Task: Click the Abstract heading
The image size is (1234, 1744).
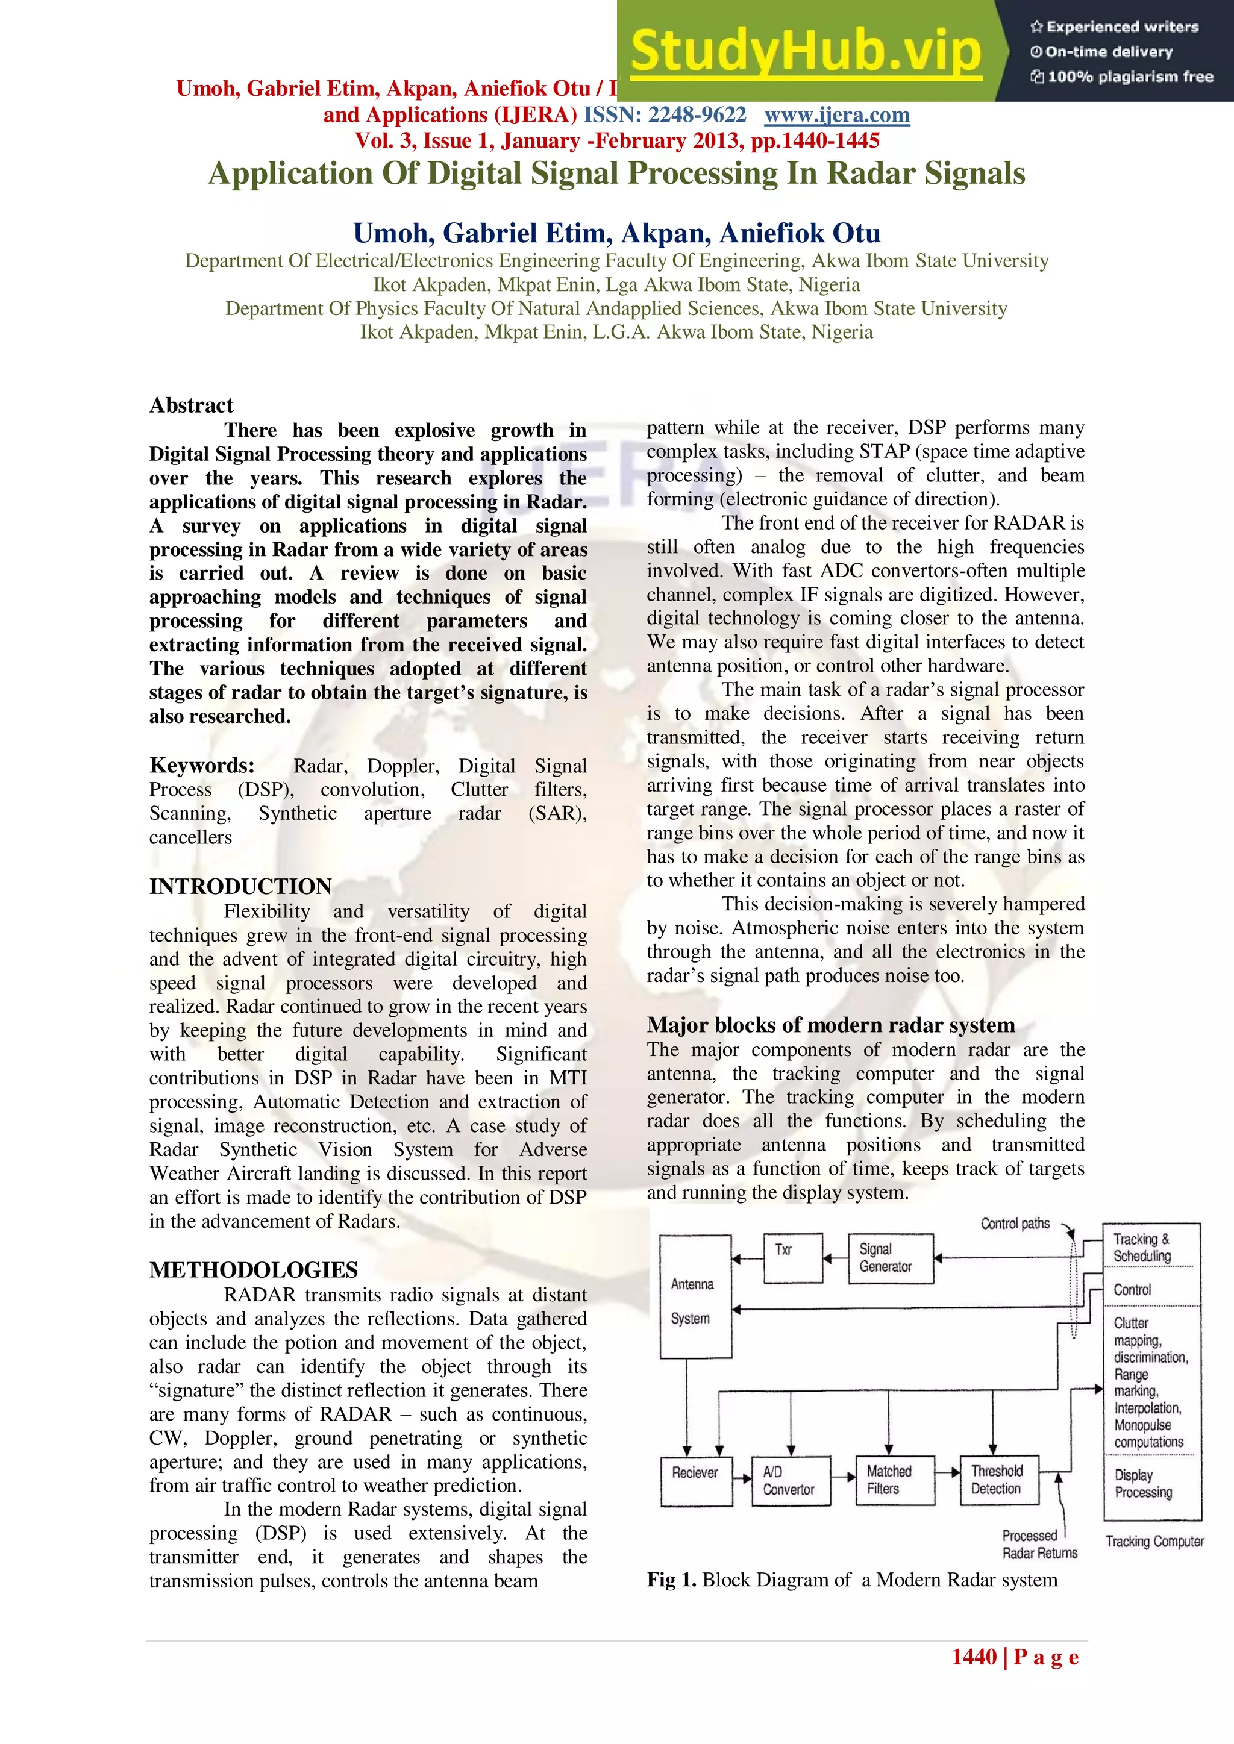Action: tap(192, 405)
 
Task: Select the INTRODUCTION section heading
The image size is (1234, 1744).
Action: tap(240, 886)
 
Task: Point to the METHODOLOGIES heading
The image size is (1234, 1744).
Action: tap(253, 1270)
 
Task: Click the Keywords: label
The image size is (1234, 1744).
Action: tap(202, 765)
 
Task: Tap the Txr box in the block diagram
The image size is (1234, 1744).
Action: tap(792, 1258)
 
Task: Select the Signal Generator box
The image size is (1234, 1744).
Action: tap(890, 1258)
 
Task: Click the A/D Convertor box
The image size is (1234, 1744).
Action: tap(791, 1481)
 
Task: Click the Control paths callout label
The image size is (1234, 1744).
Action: tap(1015, 1224)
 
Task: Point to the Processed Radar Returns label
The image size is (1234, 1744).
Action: tap(1039, 1544)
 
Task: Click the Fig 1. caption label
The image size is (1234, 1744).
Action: tap(671, 1580)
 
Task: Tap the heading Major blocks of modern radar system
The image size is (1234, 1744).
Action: tap(830, 1025)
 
